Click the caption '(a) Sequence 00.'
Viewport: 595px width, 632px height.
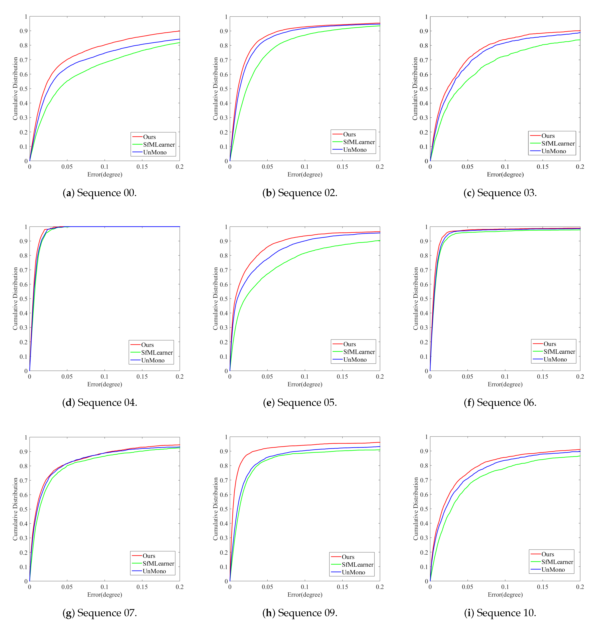point(100,193)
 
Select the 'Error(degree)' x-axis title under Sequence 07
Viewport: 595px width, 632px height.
point(105,594)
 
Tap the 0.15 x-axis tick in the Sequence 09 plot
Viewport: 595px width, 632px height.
point(342,587)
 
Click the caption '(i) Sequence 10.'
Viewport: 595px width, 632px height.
point(500,613)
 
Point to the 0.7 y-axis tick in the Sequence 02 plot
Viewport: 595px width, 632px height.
point(224,60)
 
